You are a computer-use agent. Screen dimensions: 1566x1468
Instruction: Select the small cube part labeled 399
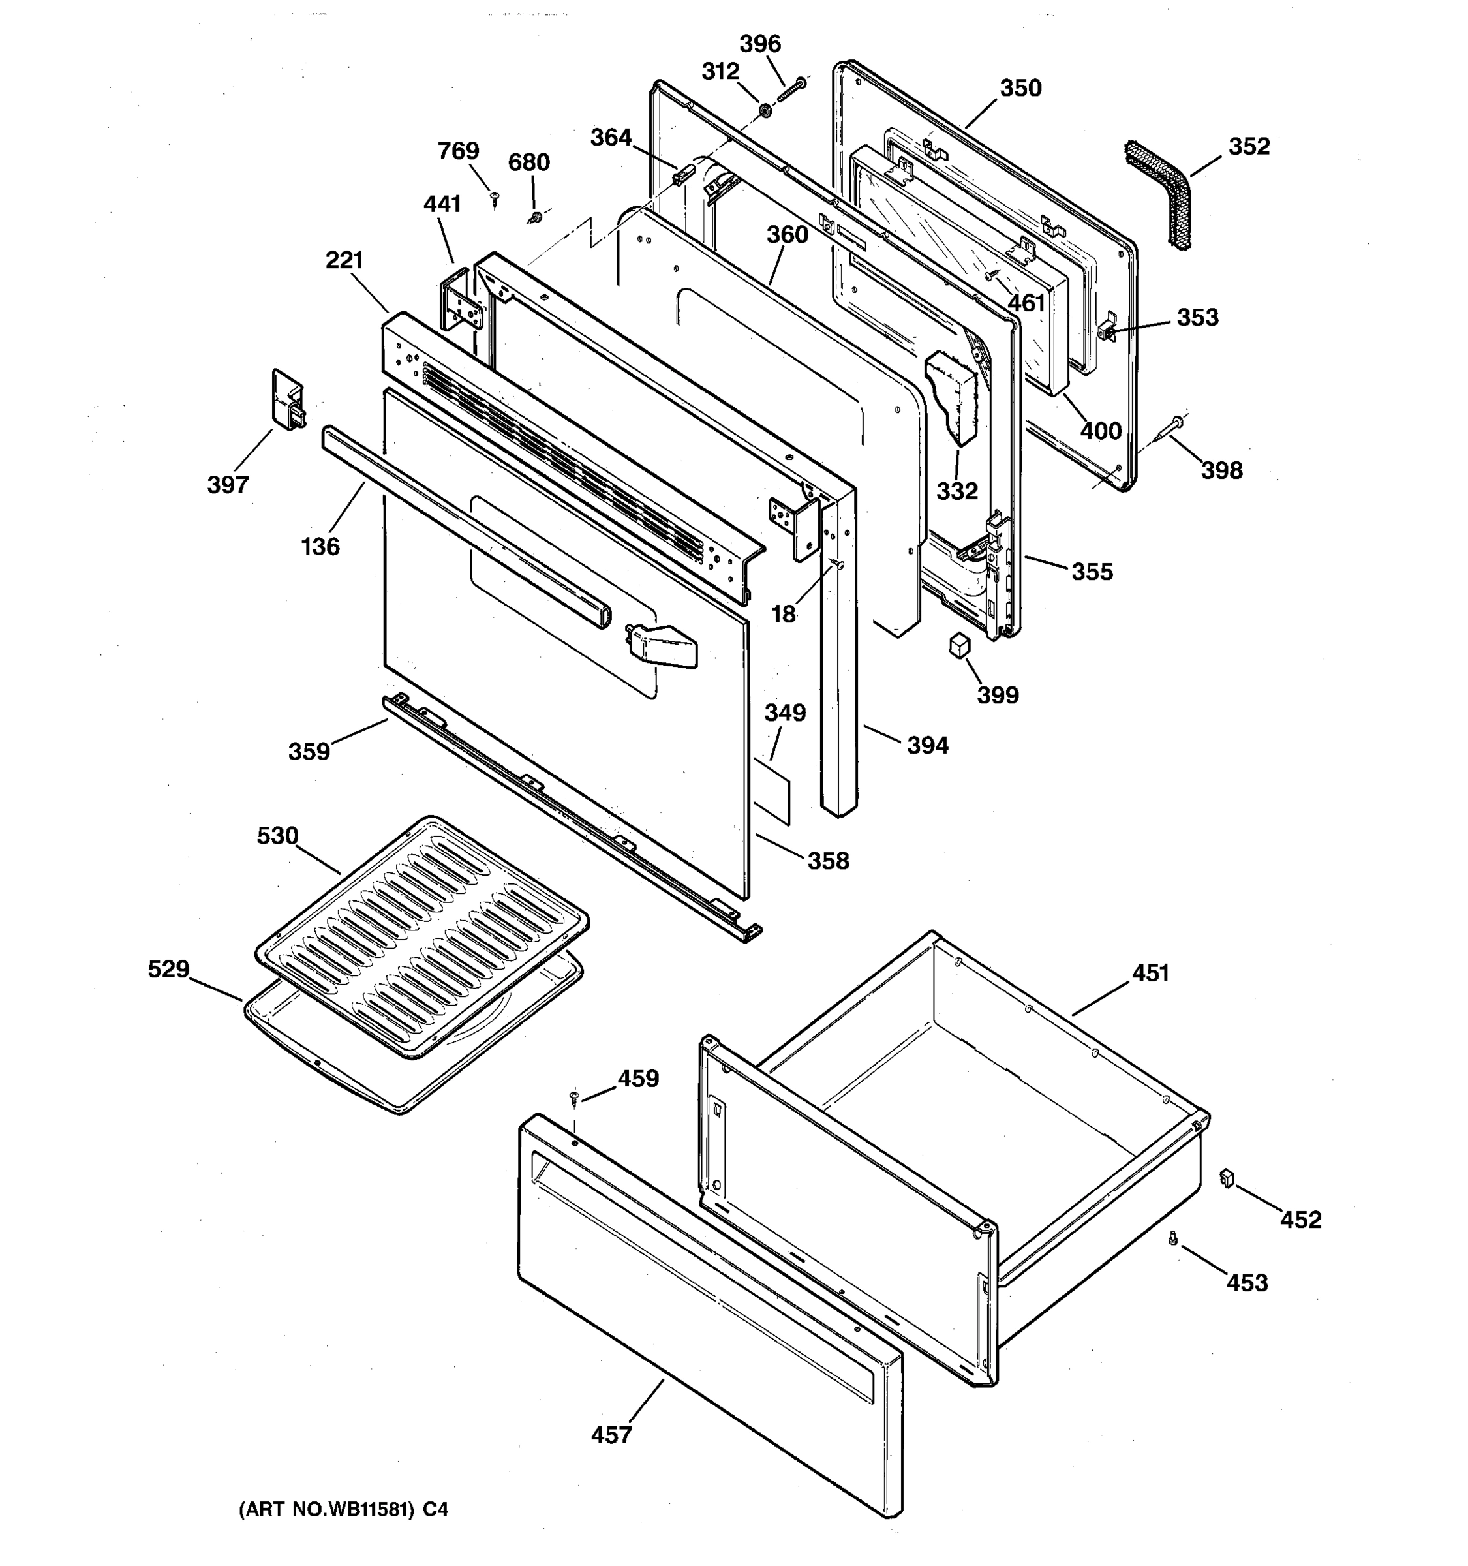click(x=958, y=646)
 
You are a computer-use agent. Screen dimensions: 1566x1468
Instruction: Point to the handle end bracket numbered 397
click(x=288, y=400)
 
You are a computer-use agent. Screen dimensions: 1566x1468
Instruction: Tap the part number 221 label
click(x=344, y=260)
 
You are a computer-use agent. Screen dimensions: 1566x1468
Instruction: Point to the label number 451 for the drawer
click(x=1151, y=974)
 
